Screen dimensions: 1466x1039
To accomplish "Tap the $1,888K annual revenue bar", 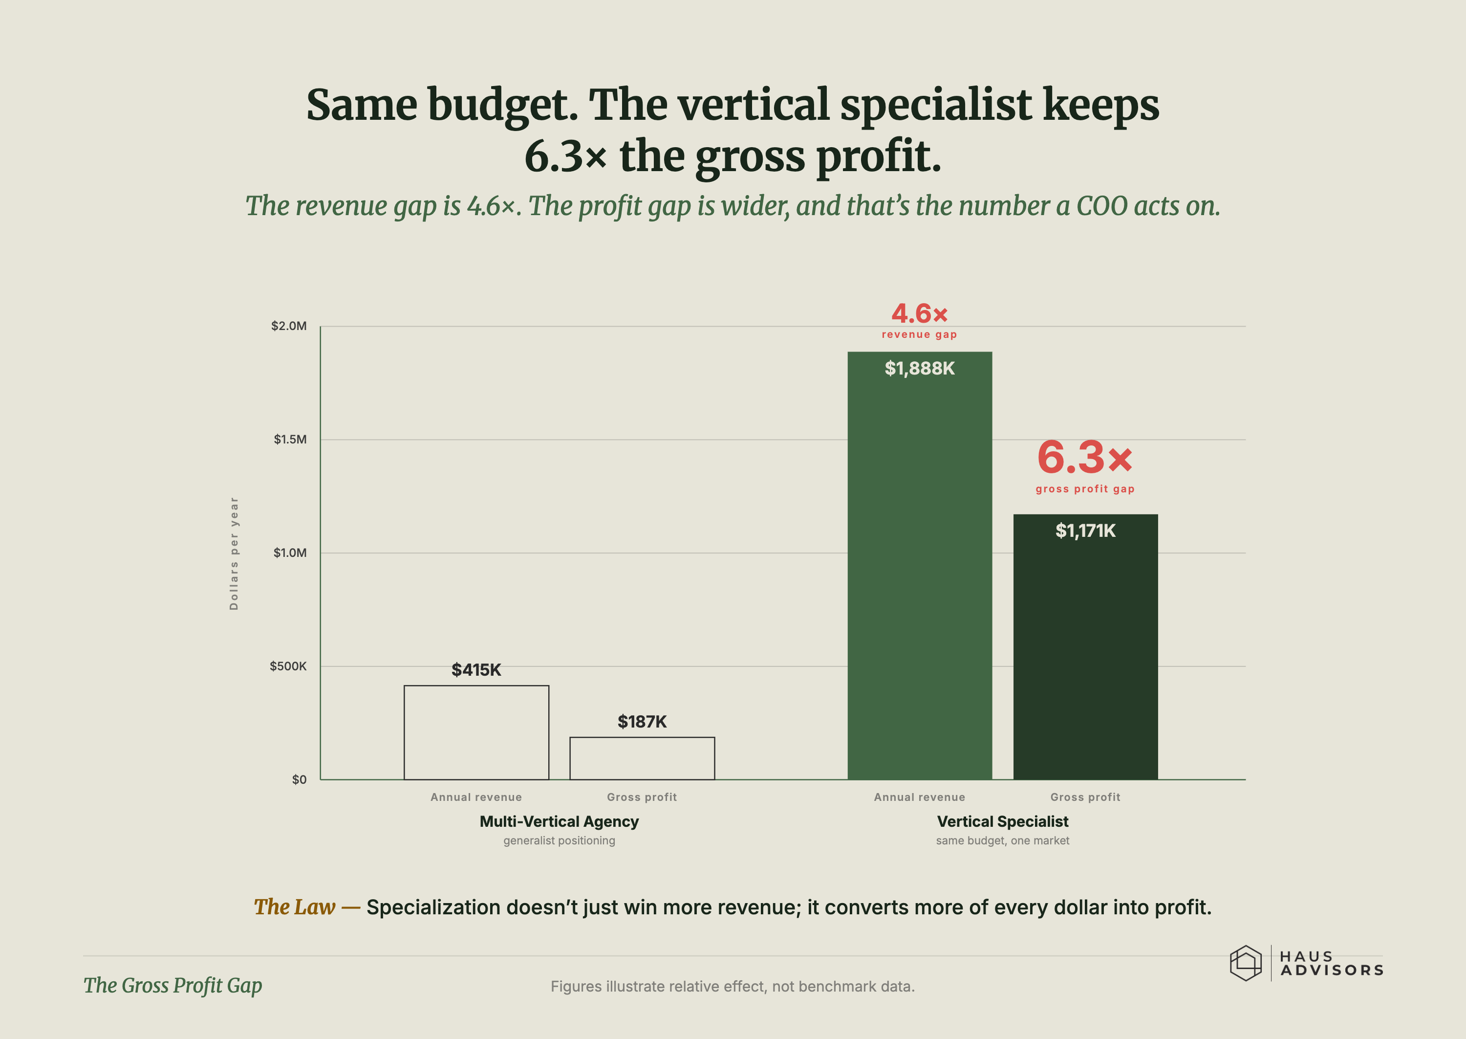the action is click(x=919, y=566).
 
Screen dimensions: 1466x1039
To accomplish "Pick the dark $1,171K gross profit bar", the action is click(x=1086, y=647).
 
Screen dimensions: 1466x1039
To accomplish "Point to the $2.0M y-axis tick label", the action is click(x=289, y=326).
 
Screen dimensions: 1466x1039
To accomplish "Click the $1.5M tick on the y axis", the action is click(x=290, y=440).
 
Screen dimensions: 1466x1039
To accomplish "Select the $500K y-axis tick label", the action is click(x=288, y=666).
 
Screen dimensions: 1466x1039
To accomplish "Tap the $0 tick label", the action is click(x=299, y=779).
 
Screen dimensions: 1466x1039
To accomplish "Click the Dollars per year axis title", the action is click(x=234, y=553).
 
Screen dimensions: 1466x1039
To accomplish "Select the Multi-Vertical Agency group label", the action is click(x=559, y=821).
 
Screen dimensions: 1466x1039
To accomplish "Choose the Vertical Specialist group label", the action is click(x=1002, y=821).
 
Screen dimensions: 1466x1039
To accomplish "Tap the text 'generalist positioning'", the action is click(x=559, y=840).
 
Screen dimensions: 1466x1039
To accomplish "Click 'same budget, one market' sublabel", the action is click(x=1002, y=840).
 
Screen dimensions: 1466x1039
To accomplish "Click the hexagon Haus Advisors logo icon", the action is click(x=1246, y=963).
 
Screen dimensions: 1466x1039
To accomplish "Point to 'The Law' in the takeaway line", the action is click(x=294, y=907).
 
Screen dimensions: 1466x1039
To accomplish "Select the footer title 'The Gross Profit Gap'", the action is click(x=172, y=986).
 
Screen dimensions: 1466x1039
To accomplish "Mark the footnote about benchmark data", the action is click(x=733, y=987).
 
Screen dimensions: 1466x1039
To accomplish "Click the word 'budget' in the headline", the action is click(x=502, y=106).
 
